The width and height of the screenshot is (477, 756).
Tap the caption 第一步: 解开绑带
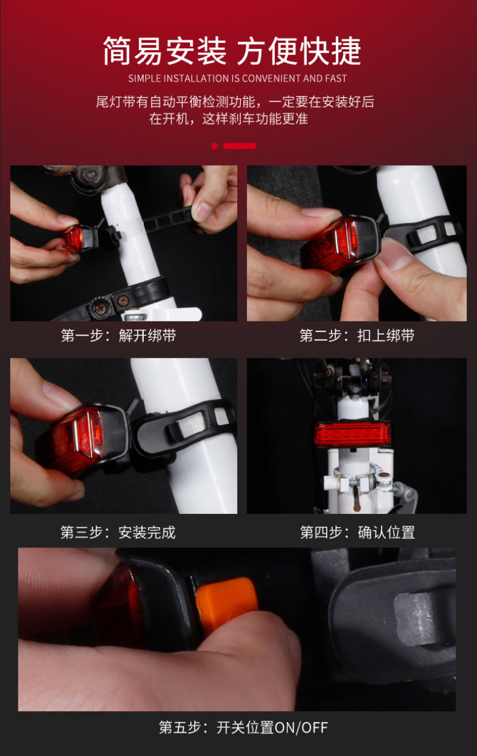119,336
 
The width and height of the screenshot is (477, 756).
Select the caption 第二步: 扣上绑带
357,336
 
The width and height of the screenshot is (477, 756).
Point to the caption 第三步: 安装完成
118,532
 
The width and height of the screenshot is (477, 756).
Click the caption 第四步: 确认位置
358,532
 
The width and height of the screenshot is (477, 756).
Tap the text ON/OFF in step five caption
301,727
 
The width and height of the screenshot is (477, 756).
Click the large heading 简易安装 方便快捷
232,51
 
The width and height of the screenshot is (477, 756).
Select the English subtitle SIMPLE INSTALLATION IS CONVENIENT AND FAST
237,79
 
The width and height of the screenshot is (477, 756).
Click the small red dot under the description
215,146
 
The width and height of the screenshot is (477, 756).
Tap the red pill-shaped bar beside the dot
240,146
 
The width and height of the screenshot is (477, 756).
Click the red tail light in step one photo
73,238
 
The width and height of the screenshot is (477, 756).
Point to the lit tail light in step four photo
352,433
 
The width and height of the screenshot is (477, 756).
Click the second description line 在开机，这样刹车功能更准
228,119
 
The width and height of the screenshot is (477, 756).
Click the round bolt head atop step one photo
91,174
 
